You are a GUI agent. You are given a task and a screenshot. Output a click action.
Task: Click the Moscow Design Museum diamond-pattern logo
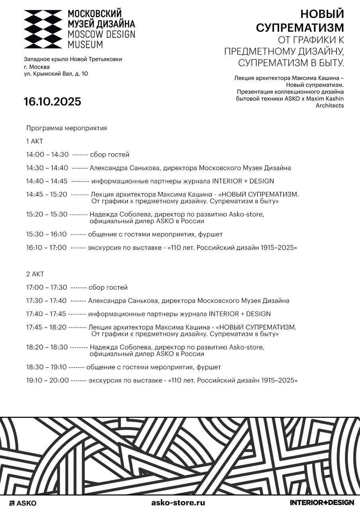pyautogui.click(x=43, y=29)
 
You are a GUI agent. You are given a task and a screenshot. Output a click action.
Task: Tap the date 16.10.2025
pyautogui.click(x=52, y=102)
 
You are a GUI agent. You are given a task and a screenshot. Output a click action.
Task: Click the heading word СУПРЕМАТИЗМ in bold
pyautogui.click(x=299, y=28)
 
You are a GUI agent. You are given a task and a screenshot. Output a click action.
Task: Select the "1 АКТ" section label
pyautogui.click(x=35, y=141)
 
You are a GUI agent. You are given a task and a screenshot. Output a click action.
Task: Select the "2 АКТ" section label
pyautogui.click(x=35, y=274)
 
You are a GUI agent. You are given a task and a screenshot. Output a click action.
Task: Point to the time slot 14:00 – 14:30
pyautogui.click(x=47, y=155)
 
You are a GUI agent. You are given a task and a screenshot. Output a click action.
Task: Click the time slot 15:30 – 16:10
pyautogui.click(x=47, y=234)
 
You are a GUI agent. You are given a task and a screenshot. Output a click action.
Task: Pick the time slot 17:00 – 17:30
pyautogui.click(x=47, y=287)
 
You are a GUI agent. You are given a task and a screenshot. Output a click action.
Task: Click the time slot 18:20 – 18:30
pyautogui.click(x=47, y=347)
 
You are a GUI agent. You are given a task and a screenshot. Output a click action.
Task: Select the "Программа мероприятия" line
pyautogui.click(x=67, y=128)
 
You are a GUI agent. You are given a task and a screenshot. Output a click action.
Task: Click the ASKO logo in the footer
pyautogui.click(x=23, y=503)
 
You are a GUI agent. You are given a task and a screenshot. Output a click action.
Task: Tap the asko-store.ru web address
pyautogui.click(x=178, y=502)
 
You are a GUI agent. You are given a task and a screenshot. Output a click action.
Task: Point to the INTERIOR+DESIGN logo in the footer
pyautogui.click(x=322, y=502)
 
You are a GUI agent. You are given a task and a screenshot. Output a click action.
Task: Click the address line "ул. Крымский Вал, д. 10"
pyautogui.click(x=56, y=74)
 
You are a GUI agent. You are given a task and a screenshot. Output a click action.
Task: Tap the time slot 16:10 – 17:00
pyautogui.click(x=47, y=248)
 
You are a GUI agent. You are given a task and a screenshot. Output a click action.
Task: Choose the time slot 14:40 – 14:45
pyautogui.click(x=47, y=181)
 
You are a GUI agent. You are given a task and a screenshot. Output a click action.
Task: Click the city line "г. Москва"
pyautogui.click(x=37, y=67)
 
